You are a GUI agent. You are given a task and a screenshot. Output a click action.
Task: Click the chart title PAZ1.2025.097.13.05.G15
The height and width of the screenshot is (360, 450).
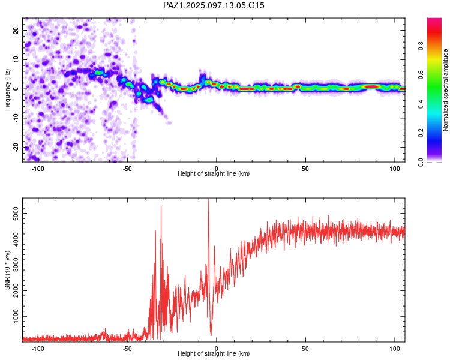(x=214, y=5)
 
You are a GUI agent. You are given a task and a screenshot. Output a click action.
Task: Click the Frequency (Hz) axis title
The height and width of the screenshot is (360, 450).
(x=7, y=89)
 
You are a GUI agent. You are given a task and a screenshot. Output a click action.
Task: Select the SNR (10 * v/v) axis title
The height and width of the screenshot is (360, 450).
(x=7, y=270)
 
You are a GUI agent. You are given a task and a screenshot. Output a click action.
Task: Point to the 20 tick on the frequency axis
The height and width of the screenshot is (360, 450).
(x=16, y=30)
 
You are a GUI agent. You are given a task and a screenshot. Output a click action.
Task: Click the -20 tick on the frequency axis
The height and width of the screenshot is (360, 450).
(x=15, y=147)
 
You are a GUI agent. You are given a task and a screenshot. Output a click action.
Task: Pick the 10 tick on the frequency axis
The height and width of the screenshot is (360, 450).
(x=16, y=59)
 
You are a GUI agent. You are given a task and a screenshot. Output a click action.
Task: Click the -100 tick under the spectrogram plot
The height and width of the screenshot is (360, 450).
(x=38, y=169)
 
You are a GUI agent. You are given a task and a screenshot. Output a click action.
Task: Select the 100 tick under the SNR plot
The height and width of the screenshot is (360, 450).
(x=395, y=349)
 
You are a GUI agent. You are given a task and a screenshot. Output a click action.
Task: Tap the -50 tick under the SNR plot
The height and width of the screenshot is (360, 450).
(x=127, y=349)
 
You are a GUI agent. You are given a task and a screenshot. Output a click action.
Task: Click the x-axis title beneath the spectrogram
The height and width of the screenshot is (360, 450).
(x=214, y=174)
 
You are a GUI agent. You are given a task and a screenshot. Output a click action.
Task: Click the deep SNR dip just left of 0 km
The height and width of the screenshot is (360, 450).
(x=211, y=334)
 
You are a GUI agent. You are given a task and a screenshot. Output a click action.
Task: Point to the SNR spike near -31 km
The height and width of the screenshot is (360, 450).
(x=161, y=206)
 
